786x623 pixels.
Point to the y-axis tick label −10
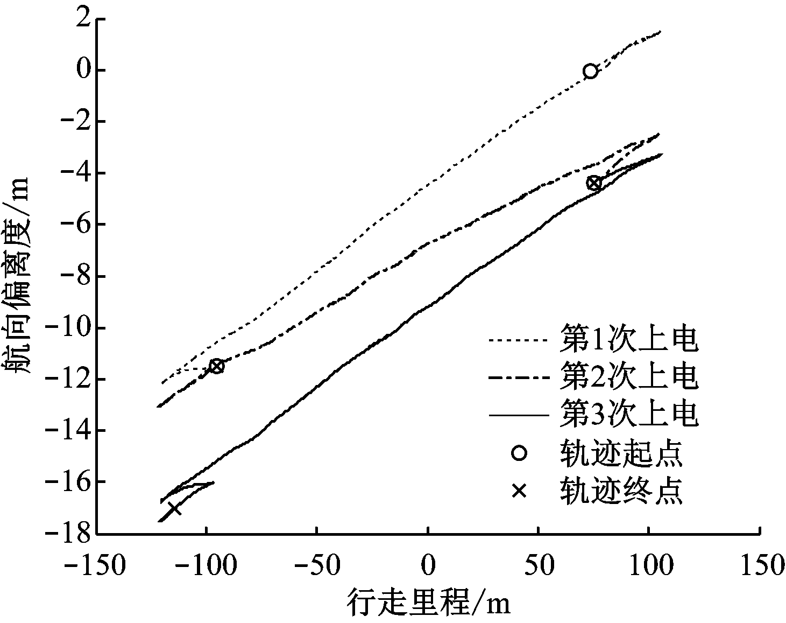pyautogui.click(x=69, y=328)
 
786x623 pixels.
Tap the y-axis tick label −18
pyautogui.click(x=69, y=533)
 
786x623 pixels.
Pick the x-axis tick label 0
pyautogui.click(x=428, y=566)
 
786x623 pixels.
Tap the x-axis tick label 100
pyautogui.click(x=648, y=566)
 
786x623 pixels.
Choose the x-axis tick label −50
pyautogui.click(x=317, y=566)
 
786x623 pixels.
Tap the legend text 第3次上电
pyautogui.click(x=629, y=414)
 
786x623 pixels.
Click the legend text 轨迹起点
pyautogui.click(x=621, y=453)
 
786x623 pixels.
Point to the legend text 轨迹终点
pyautogui.click(x=621, y=491)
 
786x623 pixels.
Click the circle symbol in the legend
pyautogui.click(x=519, y=453)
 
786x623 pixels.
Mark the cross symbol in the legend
pyautogui.click(x=519, y=491)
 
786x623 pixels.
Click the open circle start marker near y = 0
pyautogui.click(x=590, y=71)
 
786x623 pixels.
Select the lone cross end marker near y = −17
pyautogui.click(x=174, y=508)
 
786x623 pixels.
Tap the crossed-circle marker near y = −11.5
pyautogui.click(x=216, y=366)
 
